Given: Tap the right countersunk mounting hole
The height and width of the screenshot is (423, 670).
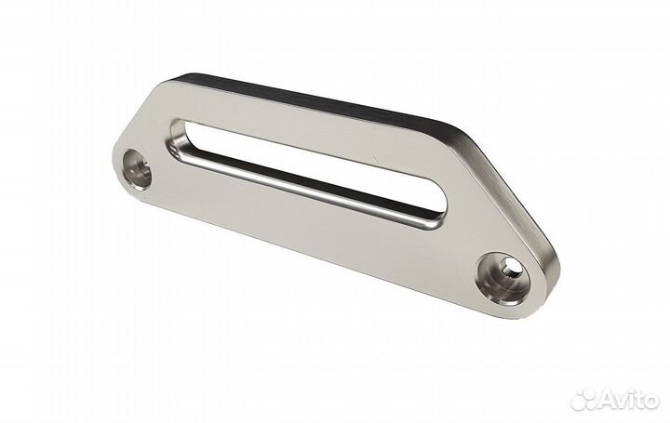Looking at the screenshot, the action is [504, 279].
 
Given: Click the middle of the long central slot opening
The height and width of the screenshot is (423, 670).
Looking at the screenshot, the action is [308, 171].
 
